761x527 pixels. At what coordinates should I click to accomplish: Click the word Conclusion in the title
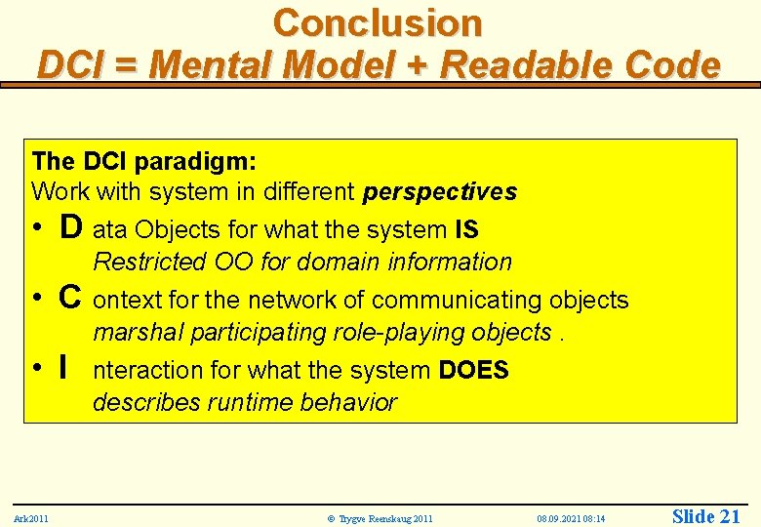point(378,22)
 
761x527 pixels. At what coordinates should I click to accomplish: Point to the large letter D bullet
point(70,228)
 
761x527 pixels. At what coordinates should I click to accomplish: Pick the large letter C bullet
point(70,299)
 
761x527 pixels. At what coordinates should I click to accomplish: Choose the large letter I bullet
point(63,369)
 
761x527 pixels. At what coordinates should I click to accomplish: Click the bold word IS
point(466,230)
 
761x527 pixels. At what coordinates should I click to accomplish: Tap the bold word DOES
point(473,371)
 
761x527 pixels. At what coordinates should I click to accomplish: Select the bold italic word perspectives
point(439,192)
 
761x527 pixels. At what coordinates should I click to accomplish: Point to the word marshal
point(138,333)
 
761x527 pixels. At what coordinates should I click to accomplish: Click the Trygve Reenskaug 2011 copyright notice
point(380,518)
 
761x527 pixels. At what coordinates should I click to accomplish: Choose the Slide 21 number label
point(706,516)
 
